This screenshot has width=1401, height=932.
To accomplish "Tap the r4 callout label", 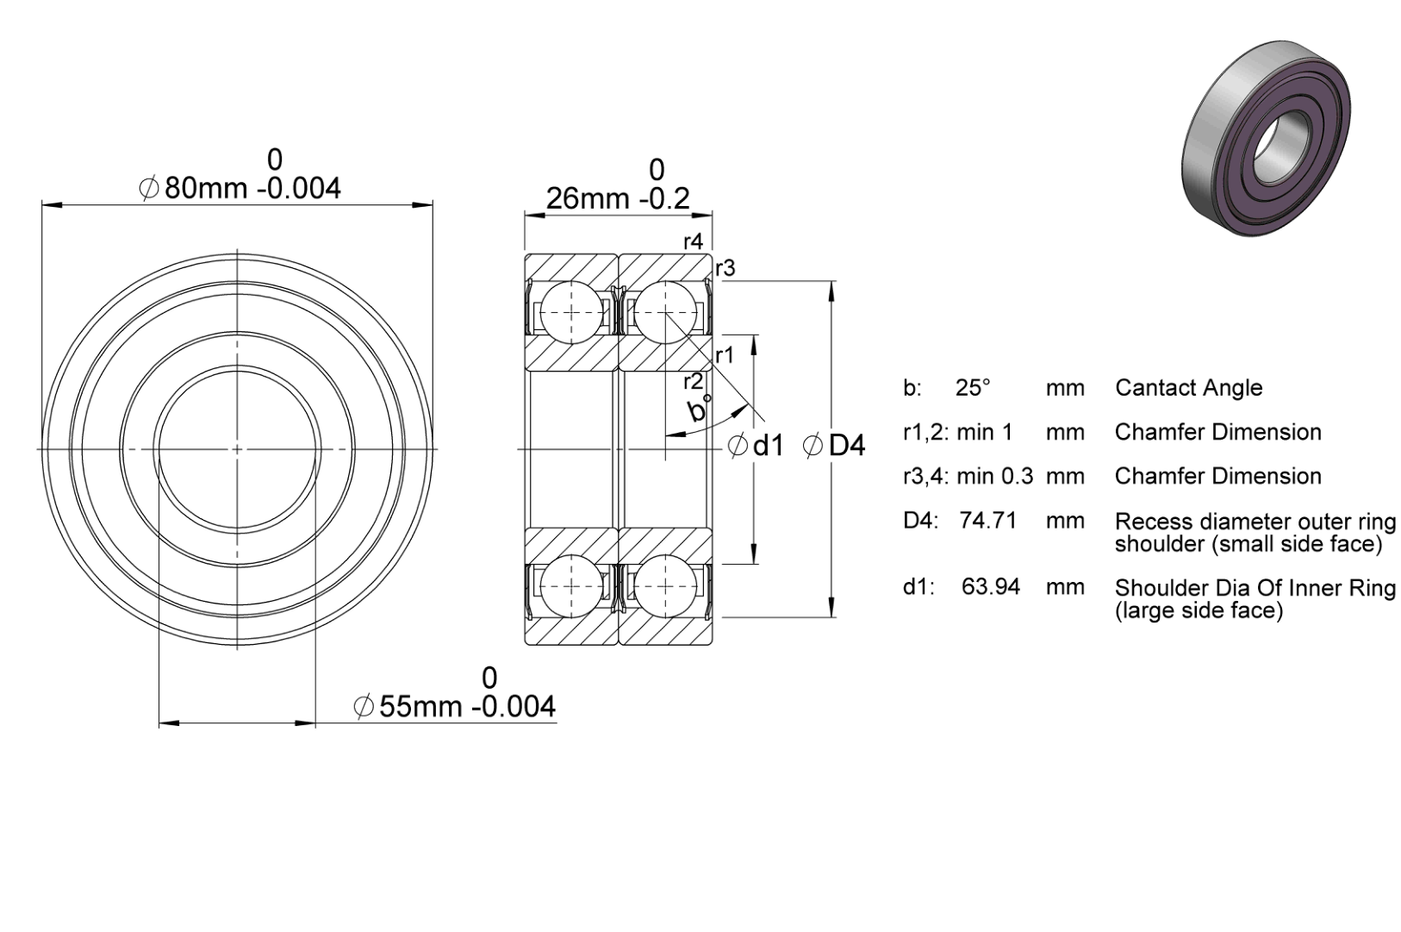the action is pos(693,241).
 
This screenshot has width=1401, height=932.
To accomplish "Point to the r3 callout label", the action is pos(725,268).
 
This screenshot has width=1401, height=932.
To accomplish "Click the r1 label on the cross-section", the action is pos(725,356).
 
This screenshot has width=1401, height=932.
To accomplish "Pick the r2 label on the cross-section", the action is pos(693,382).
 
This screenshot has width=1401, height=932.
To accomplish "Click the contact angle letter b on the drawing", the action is pos(696,410).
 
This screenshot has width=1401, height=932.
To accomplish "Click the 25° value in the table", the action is pos(973,388).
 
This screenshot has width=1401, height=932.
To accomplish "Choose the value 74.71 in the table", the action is pos(988,521).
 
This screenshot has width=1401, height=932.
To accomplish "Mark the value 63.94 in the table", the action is pos(991,587).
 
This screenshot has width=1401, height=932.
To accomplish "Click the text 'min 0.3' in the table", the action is pos(995,477).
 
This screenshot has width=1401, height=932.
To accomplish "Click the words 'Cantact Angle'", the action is pos(1189,388).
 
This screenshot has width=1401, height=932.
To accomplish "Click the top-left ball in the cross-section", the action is pos(571,312).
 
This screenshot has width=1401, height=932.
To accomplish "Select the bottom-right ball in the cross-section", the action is pos(665,586).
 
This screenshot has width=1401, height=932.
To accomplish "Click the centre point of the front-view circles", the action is pos(237,449).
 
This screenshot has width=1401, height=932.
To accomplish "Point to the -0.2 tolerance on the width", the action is pos(665,200).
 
